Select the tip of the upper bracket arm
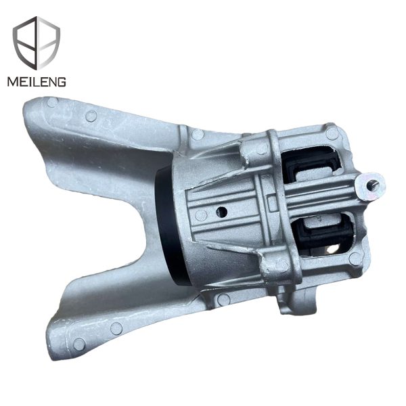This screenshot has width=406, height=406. click(x=37, y=112)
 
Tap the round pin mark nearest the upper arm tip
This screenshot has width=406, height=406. click(x=53, y=104)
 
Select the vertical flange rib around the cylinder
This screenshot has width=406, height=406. click(x=277, y=203)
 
